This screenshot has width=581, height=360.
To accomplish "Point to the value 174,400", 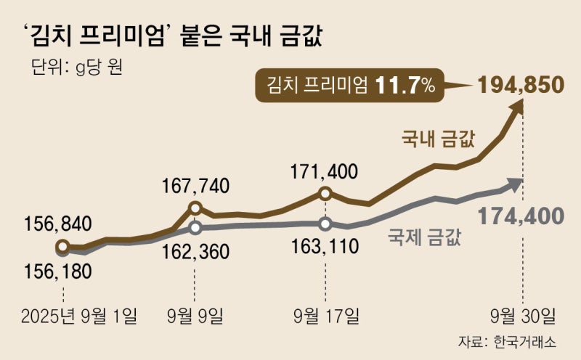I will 520,215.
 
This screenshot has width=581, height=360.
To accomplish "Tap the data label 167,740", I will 195,185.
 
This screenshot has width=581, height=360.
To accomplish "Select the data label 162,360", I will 195,252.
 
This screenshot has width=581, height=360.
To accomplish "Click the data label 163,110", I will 324,246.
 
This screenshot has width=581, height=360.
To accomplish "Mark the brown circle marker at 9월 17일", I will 325,194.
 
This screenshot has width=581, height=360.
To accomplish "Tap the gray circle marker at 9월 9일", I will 195,228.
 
